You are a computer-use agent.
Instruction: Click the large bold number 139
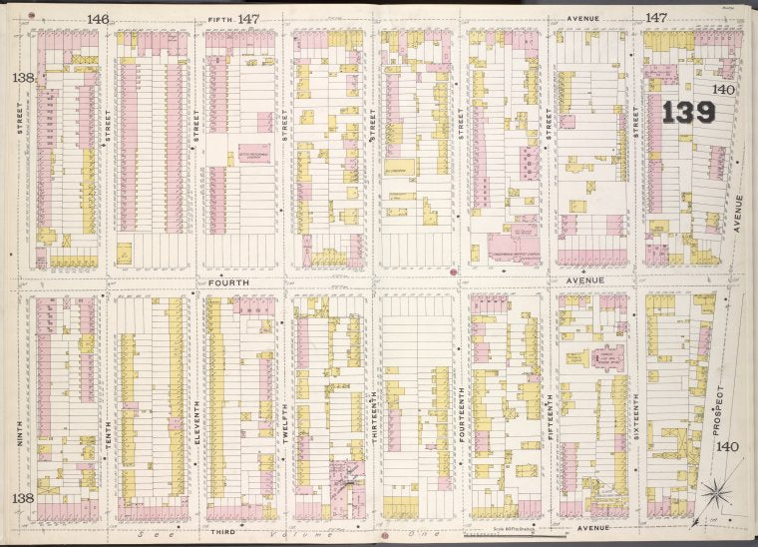coord(688,112)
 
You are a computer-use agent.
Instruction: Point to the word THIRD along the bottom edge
coord(223,532)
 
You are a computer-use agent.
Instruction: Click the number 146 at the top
coord(97,18)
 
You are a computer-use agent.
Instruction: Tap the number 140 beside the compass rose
coord(729,446)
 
